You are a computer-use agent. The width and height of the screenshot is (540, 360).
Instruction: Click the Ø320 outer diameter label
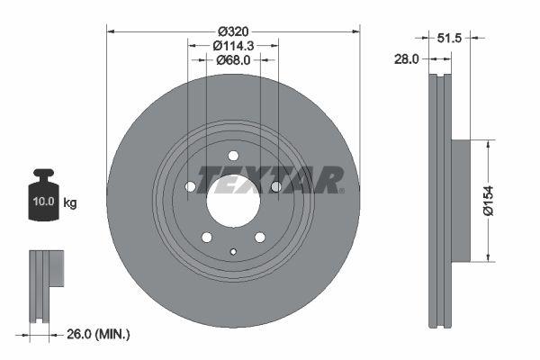[x=233, y=31]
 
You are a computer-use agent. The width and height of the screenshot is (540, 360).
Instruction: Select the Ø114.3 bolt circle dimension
[x=233, y=46]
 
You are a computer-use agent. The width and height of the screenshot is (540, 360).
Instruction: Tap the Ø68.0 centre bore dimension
[x=233, y=60]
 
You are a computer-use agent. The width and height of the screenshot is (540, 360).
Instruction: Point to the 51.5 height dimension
[x=449, y=38]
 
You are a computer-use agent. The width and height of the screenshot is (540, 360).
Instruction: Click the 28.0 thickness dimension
[x=407, y=59]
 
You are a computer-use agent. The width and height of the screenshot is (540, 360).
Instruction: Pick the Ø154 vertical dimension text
[x=489, y=201]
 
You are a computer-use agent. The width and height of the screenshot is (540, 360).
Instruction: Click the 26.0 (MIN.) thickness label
[x=98, y=334]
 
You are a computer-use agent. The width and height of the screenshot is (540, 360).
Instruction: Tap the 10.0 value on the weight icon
[x=44, y=202]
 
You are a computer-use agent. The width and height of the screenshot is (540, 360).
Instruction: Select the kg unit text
[x=70, y=202]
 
